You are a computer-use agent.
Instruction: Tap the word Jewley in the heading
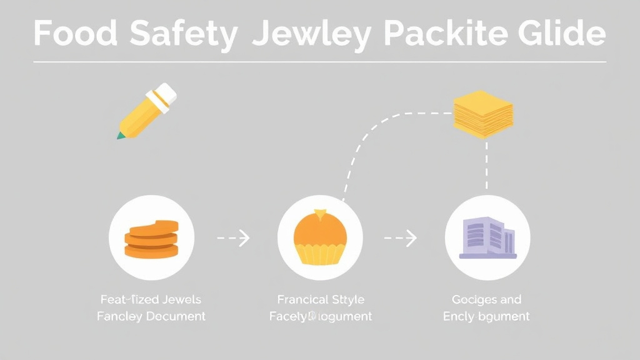coord(310,34)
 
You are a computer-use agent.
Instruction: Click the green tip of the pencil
coord(119,135)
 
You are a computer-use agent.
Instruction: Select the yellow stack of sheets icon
coord(482,114)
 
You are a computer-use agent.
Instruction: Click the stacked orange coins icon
coord(151,238)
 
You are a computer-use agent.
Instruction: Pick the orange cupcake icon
coord(320,238)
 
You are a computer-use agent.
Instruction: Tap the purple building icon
coord(487,238)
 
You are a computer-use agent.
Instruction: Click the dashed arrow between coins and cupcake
coord(234,237)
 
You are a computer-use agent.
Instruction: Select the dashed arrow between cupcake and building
coord(401,237)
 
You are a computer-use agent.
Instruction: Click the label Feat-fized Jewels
coord(151,299)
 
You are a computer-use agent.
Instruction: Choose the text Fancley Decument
coord(151,316)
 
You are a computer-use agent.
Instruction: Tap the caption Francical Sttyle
coord(321,299)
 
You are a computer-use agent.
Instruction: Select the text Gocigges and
coord(486,299)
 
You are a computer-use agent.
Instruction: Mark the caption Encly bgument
coord(486,316)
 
